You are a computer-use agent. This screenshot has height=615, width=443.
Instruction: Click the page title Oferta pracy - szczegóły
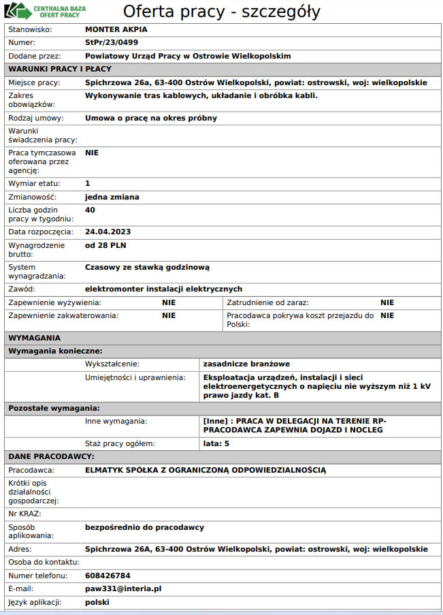click(x=221, y=12)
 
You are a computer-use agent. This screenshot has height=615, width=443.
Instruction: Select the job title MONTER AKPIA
click(x=116, y=30)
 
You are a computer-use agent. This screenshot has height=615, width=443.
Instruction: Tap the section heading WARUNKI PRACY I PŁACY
click(x=59, y=69)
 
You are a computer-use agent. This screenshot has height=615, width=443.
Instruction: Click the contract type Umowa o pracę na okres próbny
click(x=151, y=118)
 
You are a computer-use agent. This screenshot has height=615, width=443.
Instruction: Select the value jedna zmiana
click(x=112, y=197)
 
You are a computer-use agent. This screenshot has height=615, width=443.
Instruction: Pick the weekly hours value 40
click(x=90, y=210)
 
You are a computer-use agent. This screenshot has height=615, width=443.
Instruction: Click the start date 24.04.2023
click(x=108, y=232)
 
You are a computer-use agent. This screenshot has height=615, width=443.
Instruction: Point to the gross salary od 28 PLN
click(x=105, y=245)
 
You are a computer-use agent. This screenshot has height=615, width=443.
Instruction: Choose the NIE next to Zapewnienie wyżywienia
click(x=169, y=302)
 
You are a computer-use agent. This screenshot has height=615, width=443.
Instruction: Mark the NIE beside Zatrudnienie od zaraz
click(x=387, y=302)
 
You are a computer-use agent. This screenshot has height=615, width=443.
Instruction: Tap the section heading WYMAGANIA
click(x=34, y=338)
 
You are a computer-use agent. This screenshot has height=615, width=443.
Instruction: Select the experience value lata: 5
click(x=217, y=443)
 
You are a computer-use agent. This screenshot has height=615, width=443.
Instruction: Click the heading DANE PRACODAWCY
click(x=51, y=456)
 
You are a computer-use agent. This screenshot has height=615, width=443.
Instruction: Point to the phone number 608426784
click(x=108, y=575)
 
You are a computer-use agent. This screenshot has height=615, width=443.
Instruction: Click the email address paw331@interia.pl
click(x=123, y=588)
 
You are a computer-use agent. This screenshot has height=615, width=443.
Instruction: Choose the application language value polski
click(x=98, y=603)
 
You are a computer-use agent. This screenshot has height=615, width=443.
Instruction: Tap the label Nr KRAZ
click(x=24, y=514)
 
